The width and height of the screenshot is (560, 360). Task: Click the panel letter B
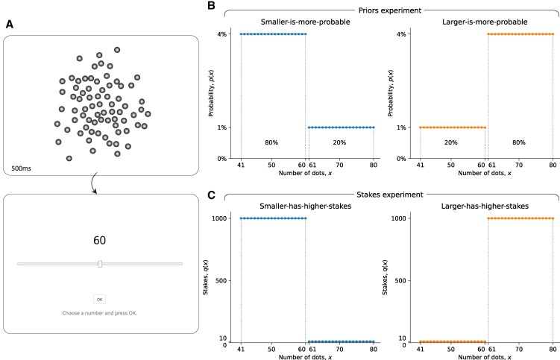coord(211,5)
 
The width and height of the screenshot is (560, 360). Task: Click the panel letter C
coord(211,196)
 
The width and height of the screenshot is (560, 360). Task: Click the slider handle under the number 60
coord(100,263)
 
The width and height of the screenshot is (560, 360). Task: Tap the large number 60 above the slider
coord(99,241)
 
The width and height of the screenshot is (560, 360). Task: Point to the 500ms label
coord(22,168)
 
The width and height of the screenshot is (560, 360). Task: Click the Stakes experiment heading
coord(383,195)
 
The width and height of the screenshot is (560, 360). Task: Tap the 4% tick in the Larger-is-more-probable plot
coord(401,34)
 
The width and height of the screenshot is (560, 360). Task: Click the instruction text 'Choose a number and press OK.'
coord(99,313)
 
